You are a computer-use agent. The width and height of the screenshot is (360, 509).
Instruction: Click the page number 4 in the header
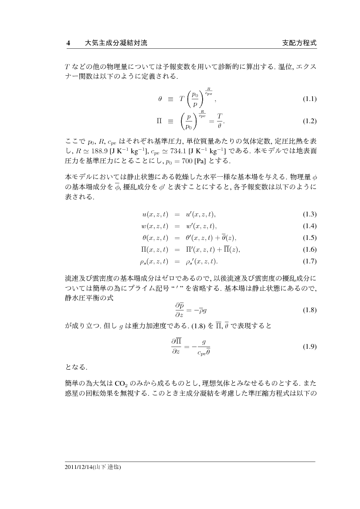tap(68, 43)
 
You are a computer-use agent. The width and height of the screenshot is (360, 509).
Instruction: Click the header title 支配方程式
tap(299, 43)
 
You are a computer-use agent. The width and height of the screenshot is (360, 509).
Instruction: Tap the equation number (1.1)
tap(309, 99)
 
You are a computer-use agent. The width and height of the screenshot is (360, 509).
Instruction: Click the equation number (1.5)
tap(309, 238)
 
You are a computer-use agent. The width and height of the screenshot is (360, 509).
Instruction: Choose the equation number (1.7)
tap(309, 261)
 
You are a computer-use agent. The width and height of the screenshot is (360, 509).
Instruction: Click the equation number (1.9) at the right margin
tap(309, 347)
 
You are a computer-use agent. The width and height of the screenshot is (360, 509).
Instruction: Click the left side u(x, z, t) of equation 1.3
tap(155, 214)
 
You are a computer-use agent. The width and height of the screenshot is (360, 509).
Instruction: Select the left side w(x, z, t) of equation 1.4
tap(155, 226)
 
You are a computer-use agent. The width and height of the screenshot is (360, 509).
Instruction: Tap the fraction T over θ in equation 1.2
tap(220, 121)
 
